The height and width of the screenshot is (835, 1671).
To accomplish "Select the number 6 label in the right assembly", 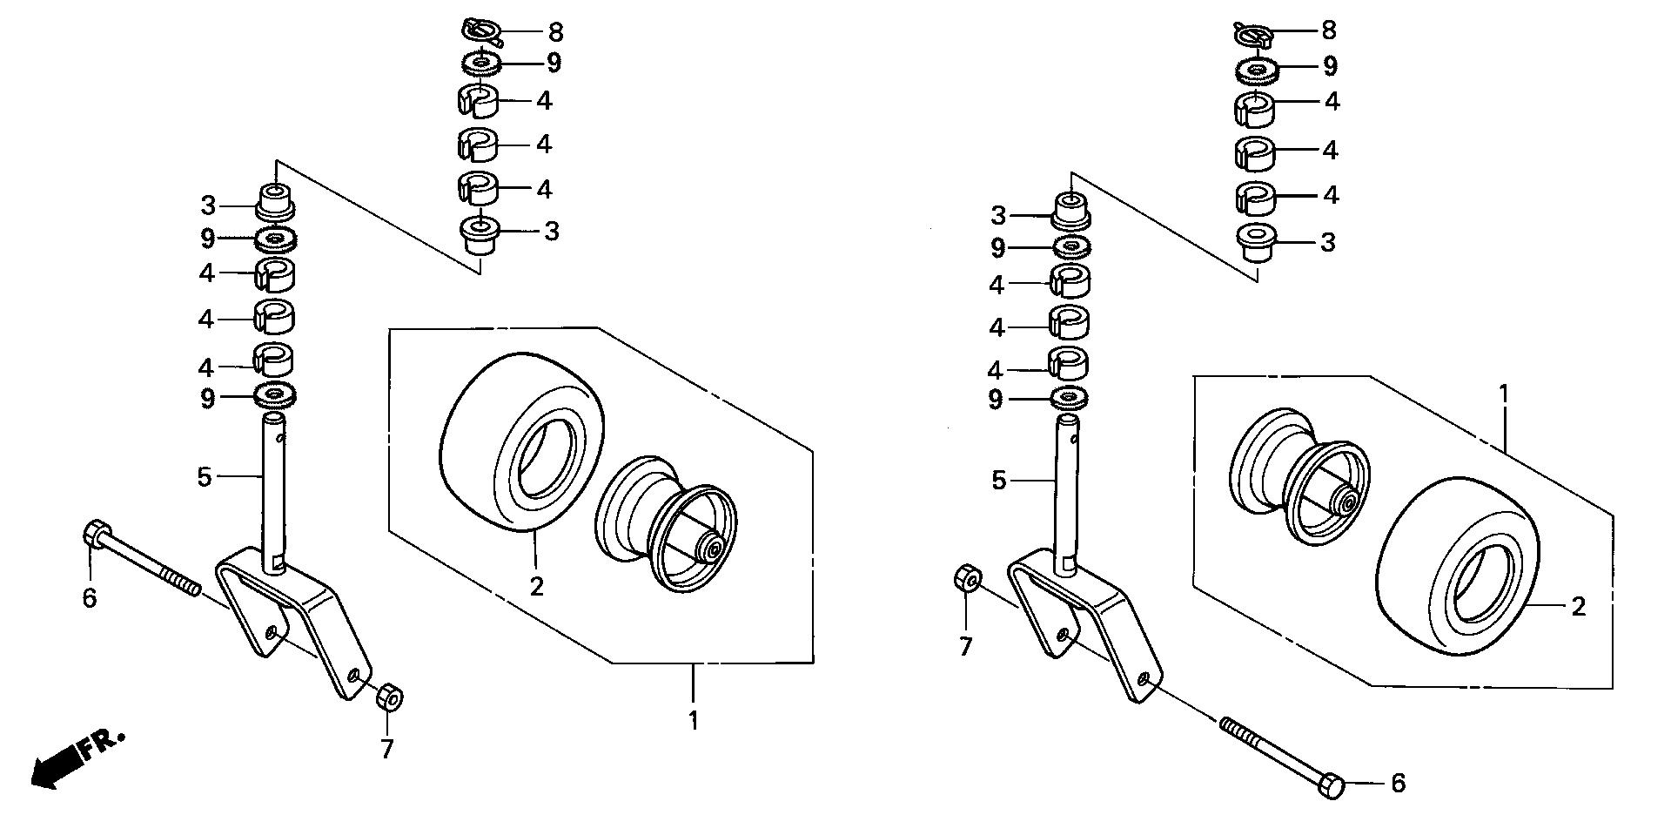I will pos(1398,784).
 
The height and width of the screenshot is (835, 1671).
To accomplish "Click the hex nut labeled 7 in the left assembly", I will pos(388,697).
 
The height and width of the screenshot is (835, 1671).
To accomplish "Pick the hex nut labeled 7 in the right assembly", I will pos(968,578).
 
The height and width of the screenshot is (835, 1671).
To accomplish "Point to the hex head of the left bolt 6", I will pos(96,532).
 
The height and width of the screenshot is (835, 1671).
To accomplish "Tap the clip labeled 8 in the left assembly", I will pos(480,32).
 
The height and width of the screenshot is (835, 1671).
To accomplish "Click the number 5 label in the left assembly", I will pos(205,476).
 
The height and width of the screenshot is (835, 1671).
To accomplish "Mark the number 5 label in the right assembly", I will pos(999,480).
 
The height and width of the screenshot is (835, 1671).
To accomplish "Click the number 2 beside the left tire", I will pos(536,586).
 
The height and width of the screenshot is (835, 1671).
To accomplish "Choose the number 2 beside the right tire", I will pos(1579,606).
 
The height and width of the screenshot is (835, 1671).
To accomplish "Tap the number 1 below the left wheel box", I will pos(693,721).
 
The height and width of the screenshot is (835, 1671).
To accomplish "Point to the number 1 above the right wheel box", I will pos(1503,393).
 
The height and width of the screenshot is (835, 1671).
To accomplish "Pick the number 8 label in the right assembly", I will pos(1328,30).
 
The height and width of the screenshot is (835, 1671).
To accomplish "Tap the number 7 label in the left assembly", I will pos(387,748).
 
